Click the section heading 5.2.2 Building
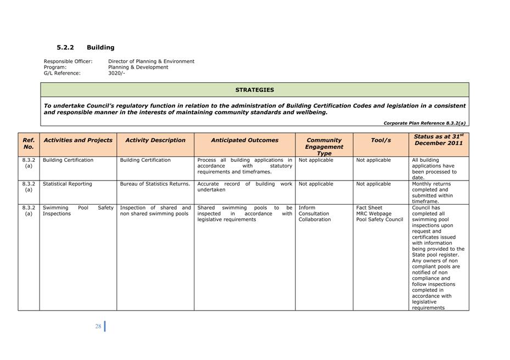tap(85, 48)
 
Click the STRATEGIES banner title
tap(254, 90)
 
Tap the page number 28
tap(98, 326)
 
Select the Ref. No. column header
tap(29, 144)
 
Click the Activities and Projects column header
tap(78, 140)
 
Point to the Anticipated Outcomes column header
tap(244, 140)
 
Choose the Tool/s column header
tap(380, 140)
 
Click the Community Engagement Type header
tap(324, 147)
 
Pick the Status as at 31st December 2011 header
tap(439, 139)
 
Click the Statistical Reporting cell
tap(68, 184)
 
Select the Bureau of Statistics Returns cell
tap(155, 184)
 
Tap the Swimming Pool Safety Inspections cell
tap(78, 211)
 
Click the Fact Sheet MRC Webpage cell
tap(379, 213)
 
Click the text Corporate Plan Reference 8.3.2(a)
tap(424, 123)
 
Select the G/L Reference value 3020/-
tap(116, 73)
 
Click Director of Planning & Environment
tap(151, 61)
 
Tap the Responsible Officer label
tap(68, 61)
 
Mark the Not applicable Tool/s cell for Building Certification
tap(373, 160)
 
